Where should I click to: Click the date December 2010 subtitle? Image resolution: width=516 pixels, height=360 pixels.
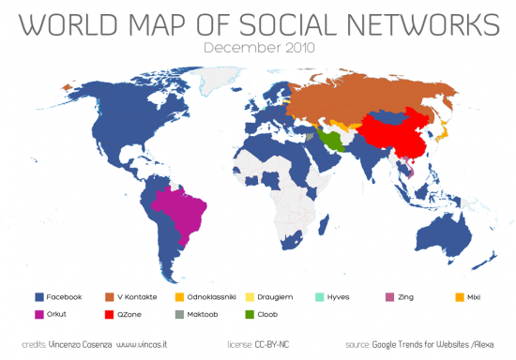coord(257,45)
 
